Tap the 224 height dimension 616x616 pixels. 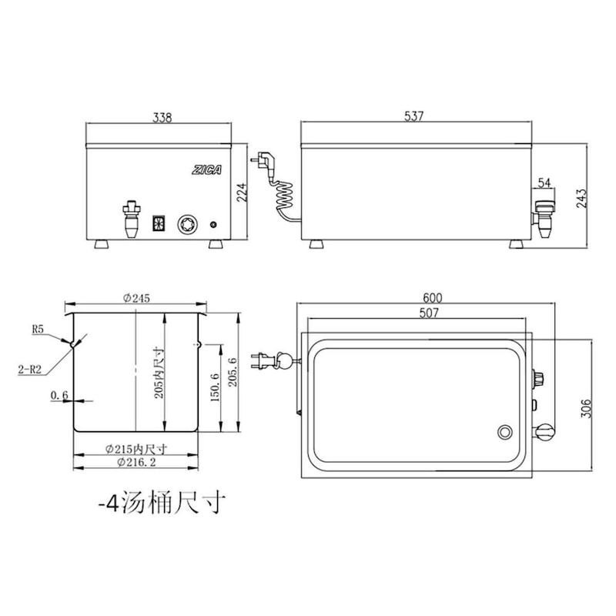coord(243,191)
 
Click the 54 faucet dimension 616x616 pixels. coord(544,182)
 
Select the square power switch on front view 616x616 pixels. coord(159,224)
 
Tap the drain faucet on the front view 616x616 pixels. coord(130,219)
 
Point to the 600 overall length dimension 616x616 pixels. coord(433,298)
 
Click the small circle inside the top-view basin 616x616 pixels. coord(505,432)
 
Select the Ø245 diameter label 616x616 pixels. coord(136,298)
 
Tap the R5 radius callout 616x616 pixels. coord(40,329)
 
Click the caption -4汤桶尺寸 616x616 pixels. coord(162,504)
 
